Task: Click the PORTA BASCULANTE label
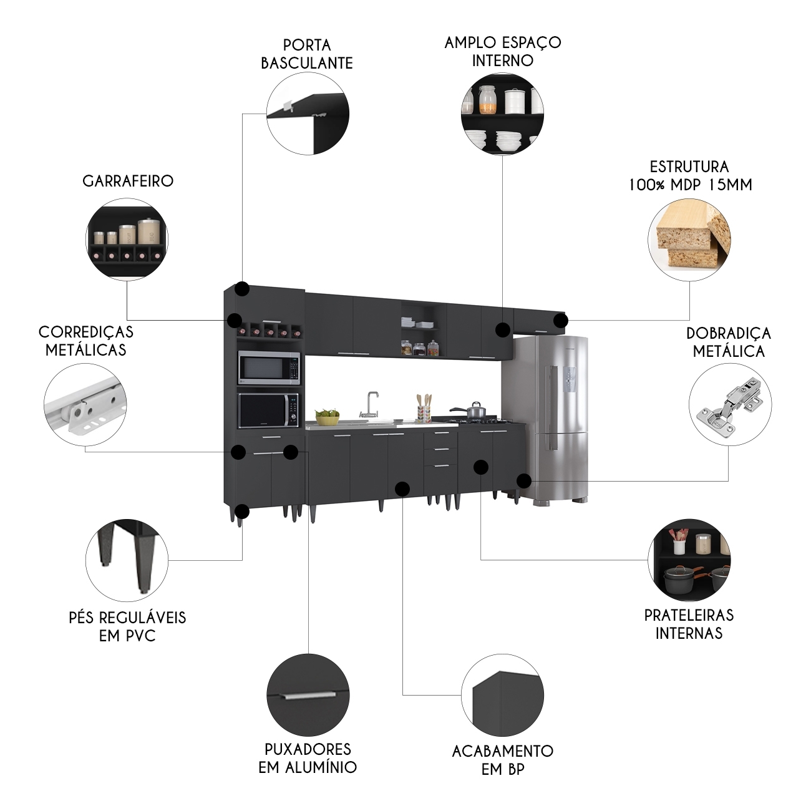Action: (307, 54)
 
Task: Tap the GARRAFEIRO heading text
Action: (128, 181)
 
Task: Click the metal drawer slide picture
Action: (85, 404)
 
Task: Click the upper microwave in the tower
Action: (269, 367)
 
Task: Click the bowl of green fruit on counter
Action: (327, 416)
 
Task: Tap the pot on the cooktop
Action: (476, 410)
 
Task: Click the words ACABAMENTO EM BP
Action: (502, 759)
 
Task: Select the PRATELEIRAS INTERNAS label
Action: (689, 624)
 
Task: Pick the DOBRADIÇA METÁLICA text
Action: (729, 342)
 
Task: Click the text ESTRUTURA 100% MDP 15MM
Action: (689, 175)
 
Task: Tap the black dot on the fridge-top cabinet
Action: (561, 321)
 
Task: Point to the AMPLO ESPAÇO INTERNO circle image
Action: (502, 114)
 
